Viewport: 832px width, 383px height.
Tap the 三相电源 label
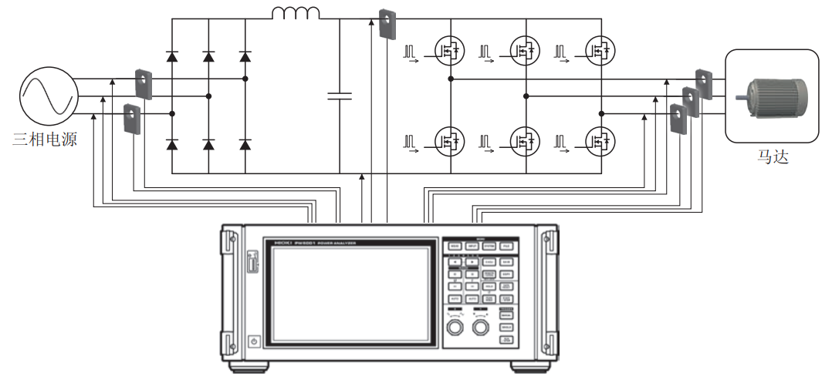45,141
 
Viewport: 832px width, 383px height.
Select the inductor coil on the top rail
296,14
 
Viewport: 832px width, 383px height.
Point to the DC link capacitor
340,96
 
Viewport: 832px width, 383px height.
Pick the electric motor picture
774,96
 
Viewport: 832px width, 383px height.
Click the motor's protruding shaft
740,96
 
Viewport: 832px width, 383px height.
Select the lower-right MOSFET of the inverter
600,141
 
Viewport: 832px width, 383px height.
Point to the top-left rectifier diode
171,56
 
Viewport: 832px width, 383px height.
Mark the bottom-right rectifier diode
245,144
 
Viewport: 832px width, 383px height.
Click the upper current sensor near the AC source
144,83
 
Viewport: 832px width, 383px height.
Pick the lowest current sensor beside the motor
678,117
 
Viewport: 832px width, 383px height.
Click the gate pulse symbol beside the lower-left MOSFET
411,142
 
